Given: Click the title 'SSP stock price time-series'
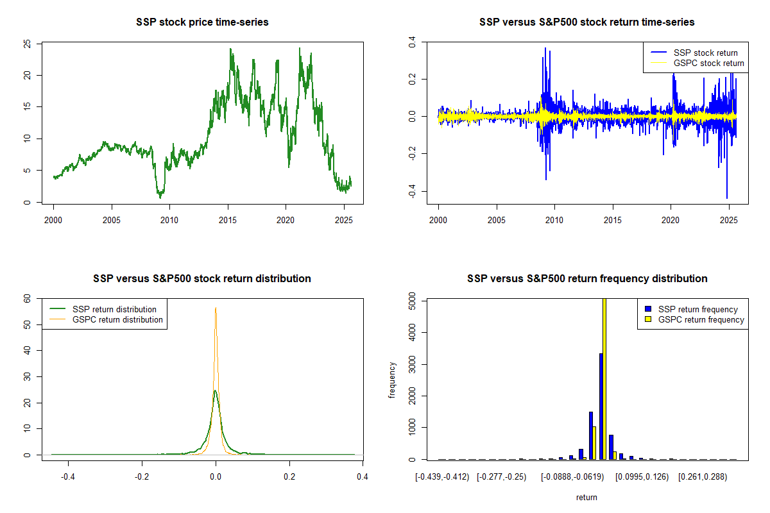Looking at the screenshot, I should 202,22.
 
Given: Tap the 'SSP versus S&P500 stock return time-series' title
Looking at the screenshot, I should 586,22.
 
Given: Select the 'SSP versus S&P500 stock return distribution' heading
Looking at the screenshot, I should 202,279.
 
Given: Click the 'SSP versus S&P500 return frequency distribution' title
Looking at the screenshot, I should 586,279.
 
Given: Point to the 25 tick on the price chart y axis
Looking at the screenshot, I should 28,44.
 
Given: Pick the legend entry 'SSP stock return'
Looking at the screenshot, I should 705,53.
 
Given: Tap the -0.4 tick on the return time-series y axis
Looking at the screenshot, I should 412,192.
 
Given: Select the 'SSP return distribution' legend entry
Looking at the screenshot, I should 114,310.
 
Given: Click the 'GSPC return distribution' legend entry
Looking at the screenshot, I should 117,320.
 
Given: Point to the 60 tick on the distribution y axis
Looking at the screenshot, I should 28,299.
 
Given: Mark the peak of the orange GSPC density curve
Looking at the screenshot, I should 216,308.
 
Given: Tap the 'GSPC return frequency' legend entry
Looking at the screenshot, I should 701,320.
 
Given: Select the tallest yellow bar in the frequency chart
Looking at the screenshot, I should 604,378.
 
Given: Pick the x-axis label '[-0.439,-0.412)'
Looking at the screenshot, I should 441,478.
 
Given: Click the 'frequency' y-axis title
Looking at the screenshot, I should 392,380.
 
